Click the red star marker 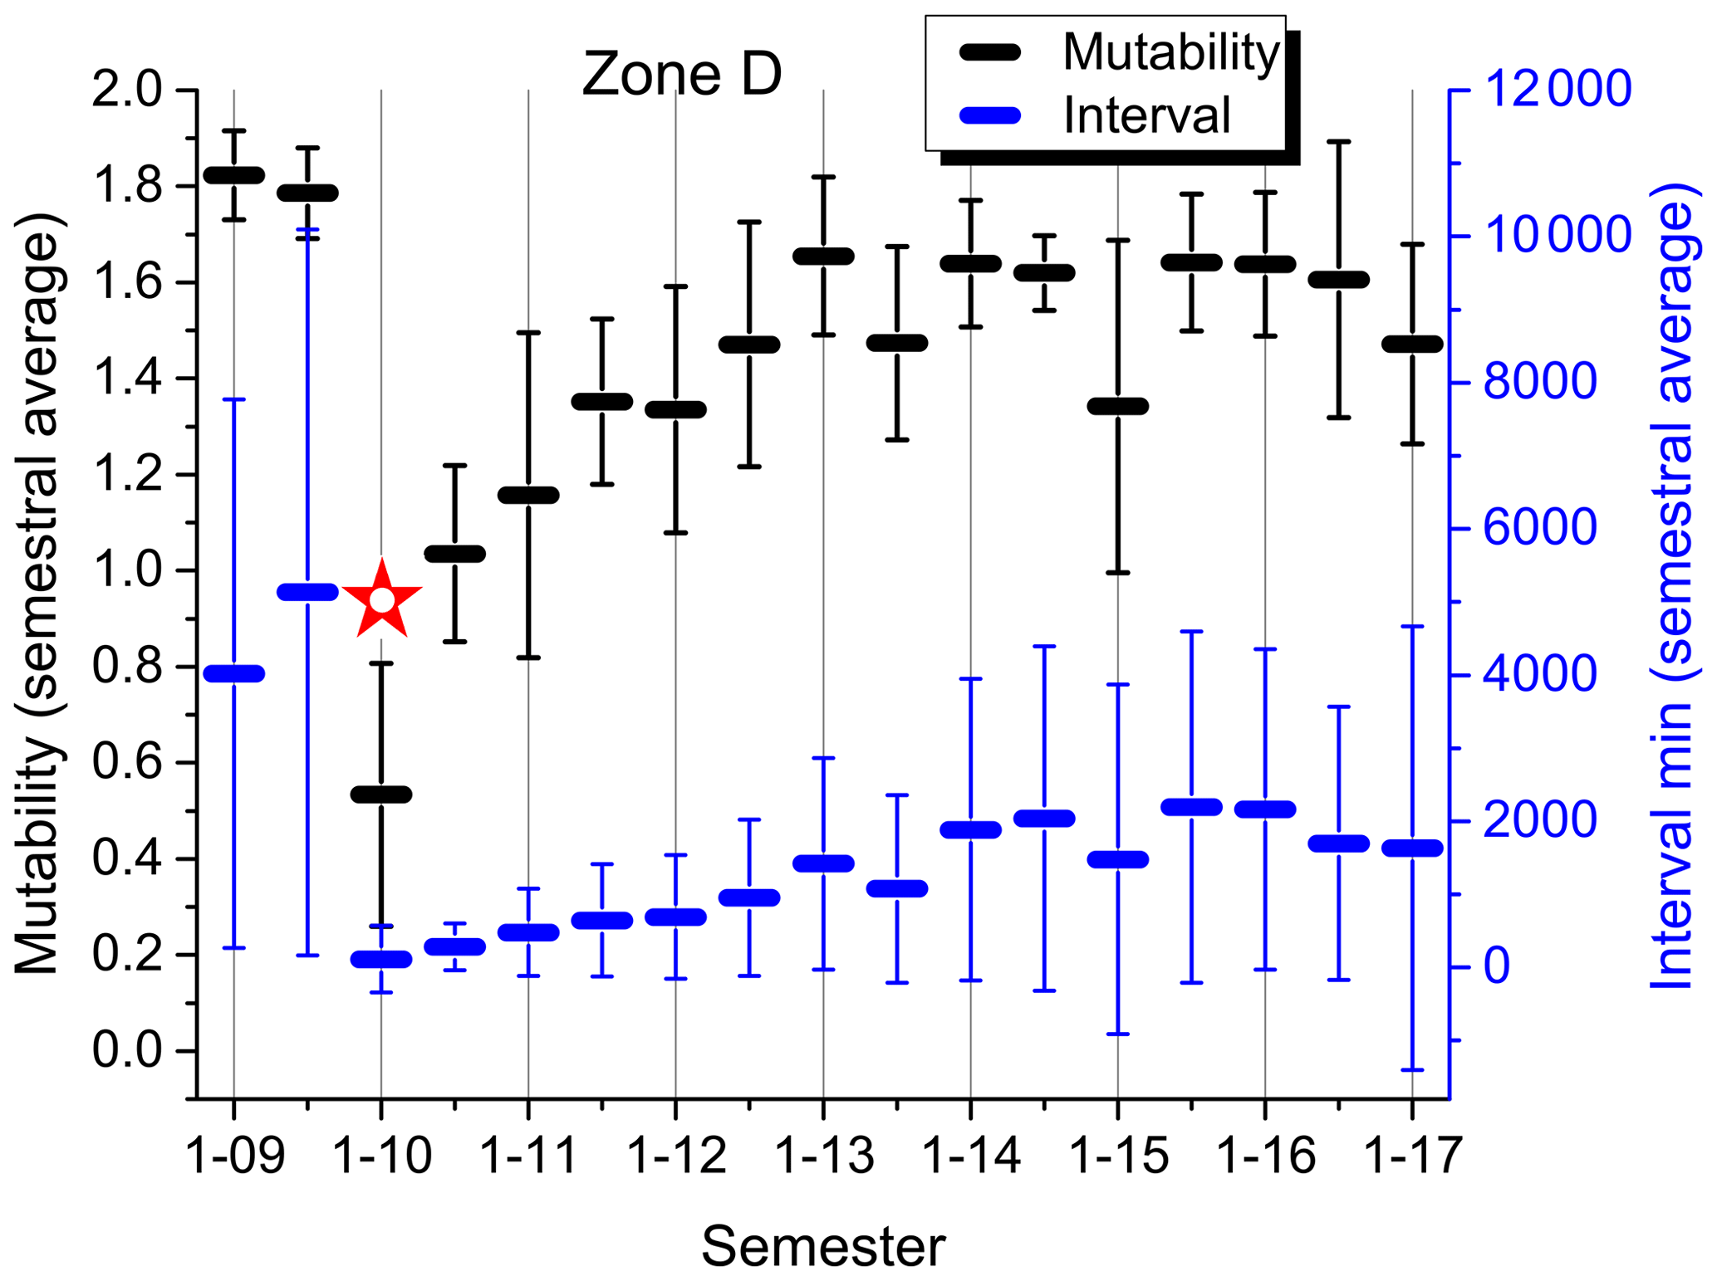coord(381,599)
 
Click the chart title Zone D coord(681,74)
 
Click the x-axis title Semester coord(823,1246)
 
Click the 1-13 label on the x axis coord(823,1155)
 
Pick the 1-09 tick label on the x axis coord(234,1155)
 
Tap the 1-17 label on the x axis coord(1412,1155)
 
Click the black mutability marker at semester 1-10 coord(381,795)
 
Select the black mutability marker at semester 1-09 coord(234,175)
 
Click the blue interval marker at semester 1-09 coord(234,673)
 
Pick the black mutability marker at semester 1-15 coord(1118,406)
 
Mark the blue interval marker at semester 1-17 coord(1412,848)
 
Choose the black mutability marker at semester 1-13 coord(823,256)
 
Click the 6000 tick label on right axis coord(1539,528)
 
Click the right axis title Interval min coord(1671,585)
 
